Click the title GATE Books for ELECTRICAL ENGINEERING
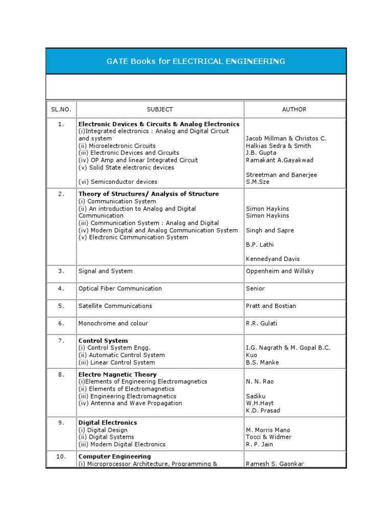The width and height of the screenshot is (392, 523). click(x=195, y=61)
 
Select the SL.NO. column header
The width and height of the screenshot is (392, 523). click(x=61, y=109)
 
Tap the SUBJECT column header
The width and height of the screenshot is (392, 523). click(x=160, y=109)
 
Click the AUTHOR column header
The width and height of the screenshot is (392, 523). click(x=294, y=109)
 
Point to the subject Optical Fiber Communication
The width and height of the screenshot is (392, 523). click(x=120, y=289)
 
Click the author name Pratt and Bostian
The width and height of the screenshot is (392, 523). click(x=271, y=306)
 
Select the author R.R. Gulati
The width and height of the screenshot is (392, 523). click(x=261, y=323)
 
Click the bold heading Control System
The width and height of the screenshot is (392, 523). click(x=103, y=341)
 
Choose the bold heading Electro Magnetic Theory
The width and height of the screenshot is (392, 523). click(x=117, y=374)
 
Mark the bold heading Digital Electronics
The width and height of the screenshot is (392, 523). click(x=108, y=423)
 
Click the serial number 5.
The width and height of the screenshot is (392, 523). click(x=61, y=306)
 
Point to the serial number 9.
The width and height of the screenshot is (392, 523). click(x=61, y=423)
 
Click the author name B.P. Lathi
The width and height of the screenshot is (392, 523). click(x=260, y=245)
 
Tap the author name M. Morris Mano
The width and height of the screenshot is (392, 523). click(x=268, y=430)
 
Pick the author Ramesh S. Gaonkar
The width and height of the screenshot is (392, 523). click(x=275, y=464)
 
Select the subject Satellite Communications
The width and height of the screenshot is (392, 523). click(x=115, y=306)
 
